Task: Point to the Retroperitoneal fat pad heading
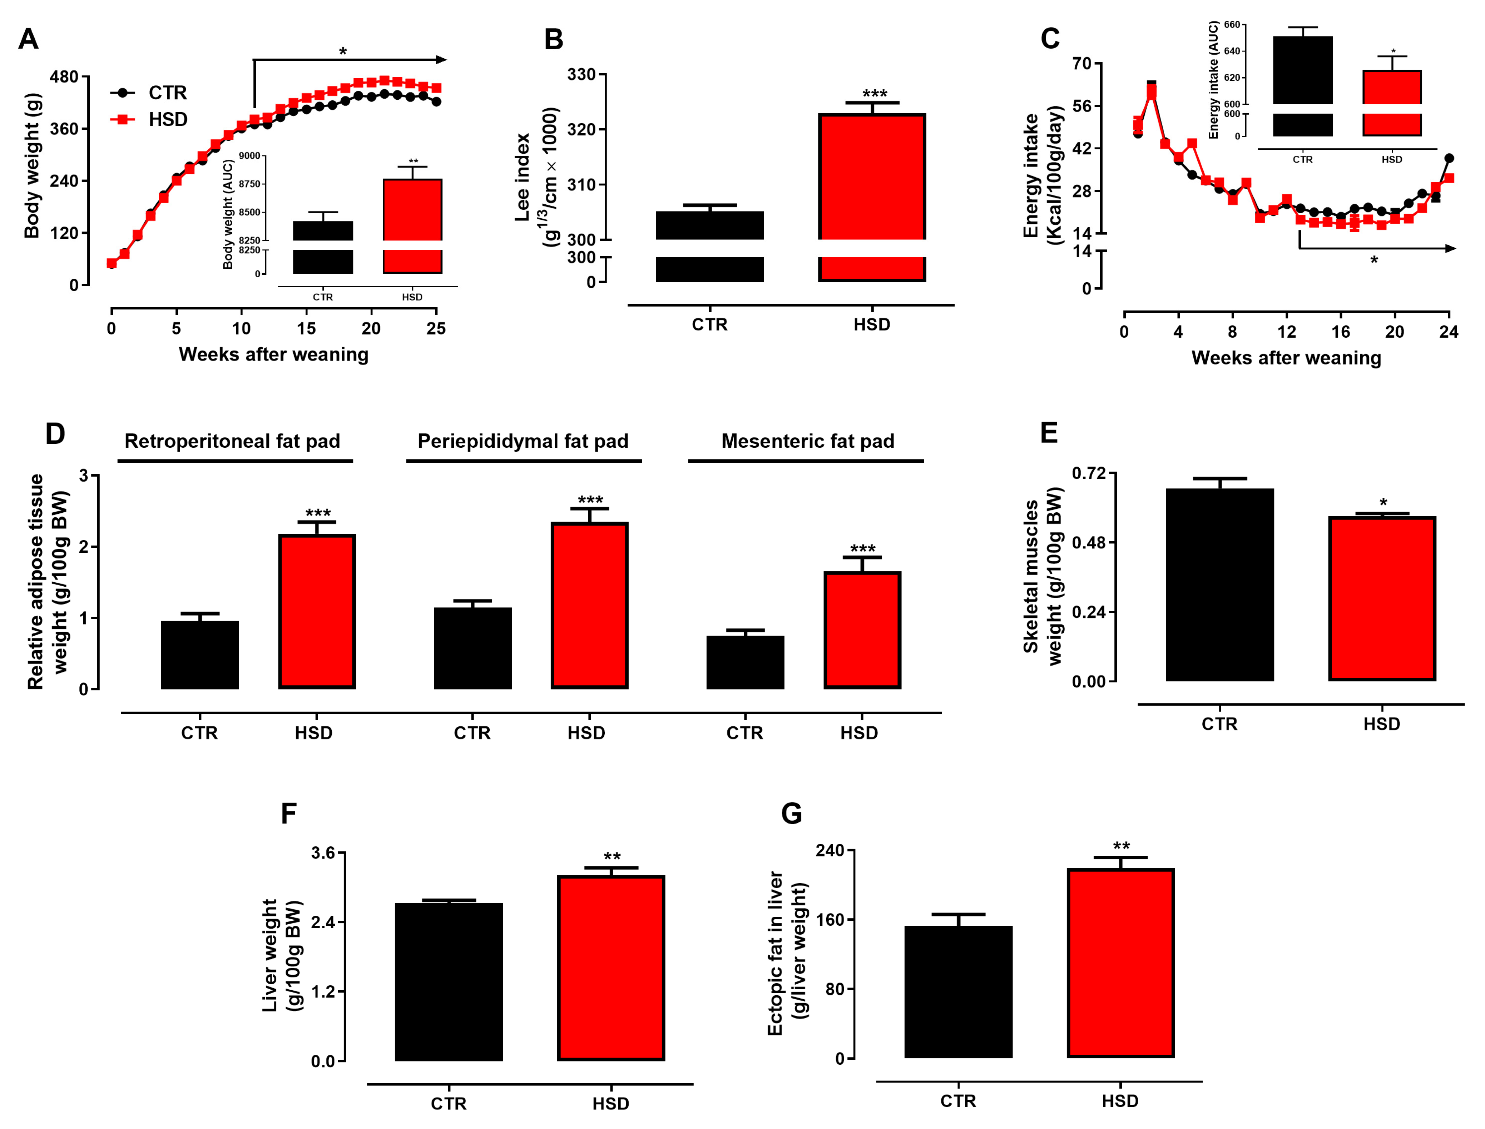pos(233,442)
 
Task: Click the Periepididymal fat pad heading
pos(523,442)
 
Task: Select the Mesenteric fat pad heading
pos(808,442)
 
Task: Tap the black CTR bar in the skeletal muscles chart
pos(1219,585)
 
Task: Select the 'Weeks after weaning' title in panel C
pos(1286,358)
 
